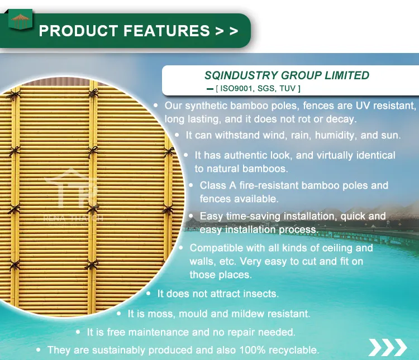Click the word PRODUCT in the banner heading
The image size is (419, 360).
(x=78, y=31)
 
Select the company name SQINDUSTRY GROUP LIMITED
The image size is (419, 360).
(x=287, y=75)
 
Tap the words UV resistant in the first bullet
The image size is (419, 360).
(x=381, y=105)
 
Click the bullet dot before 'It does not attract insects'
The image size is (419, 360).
(x=149, y=293)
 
